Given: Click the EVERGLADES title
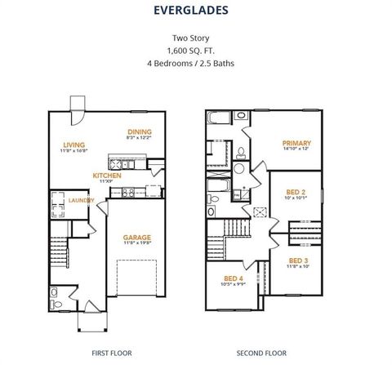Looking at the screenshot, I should click(195, 11).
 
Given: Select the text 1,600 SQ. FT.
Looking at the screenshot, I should click(195, 50).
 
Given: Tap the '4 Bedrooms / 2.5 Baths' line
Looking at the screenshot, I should click(195, 62).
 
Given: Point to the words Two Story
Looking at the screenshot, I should click(195, 38).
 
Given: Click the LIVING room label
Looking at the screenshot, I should click(73, 145).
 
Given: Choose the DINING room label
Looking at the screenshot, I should click(140, 131).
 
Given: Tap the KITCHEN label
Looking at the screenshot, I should click(107, 175).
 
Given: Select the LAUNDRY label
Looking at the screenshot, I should click(81, 200).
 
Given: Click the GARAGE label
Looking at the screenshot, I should click(137, 237).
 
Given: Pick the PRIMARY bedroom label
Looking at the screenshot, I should click(296, 143).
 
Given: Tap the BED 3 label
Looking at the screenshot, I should click(298, 260).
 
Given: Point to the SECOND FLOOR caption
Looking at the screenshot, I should click(261, 353).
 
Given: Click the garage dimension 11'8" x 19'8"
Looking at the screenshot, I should click(137, 243).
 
